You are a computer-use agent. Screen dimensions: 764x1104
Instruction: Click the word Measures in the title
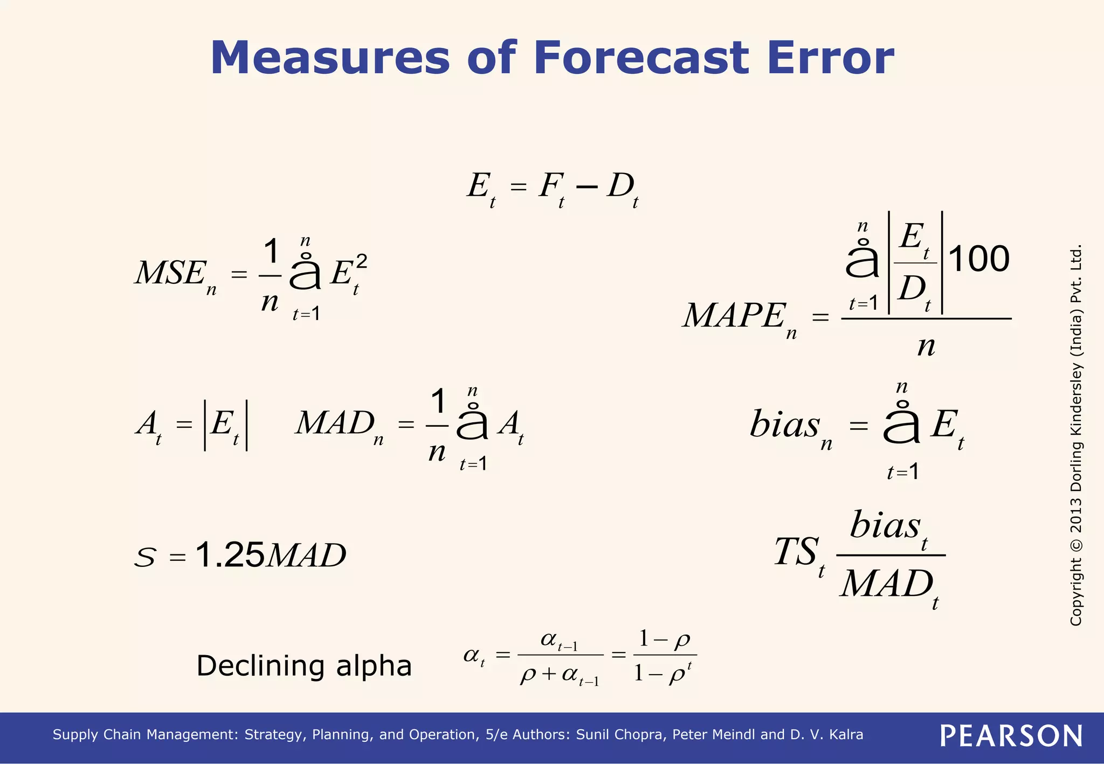(329, 58)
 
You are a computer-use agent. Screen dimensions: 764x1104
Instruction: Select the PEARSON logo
(1011, 736)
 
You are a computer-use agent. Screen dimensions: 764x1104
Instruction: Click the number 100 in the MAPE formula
(978, 259)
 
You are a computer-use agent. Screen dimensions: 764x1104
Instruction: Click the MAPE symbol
(734, 316)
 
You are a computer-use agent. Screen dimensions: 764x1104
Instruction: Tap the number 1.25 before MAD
(230, 555)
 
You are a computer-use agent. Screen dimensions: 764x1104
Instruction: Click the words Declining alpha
(304, 666)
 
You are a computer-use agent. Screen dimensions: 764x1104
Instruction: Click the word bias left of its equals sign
(784, 425)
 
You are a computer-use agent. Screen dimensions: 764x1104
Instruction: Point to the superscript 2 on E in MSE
(362, 262)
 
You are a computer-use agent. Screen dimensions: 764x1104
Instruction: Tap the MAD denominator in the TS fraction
(887, 585)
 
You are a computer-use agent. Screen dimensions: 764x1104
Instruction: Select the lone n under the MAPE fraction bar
(926, 346)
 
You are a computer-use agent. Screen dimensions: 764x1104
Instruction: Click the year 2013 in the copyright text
(1076, 515)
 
